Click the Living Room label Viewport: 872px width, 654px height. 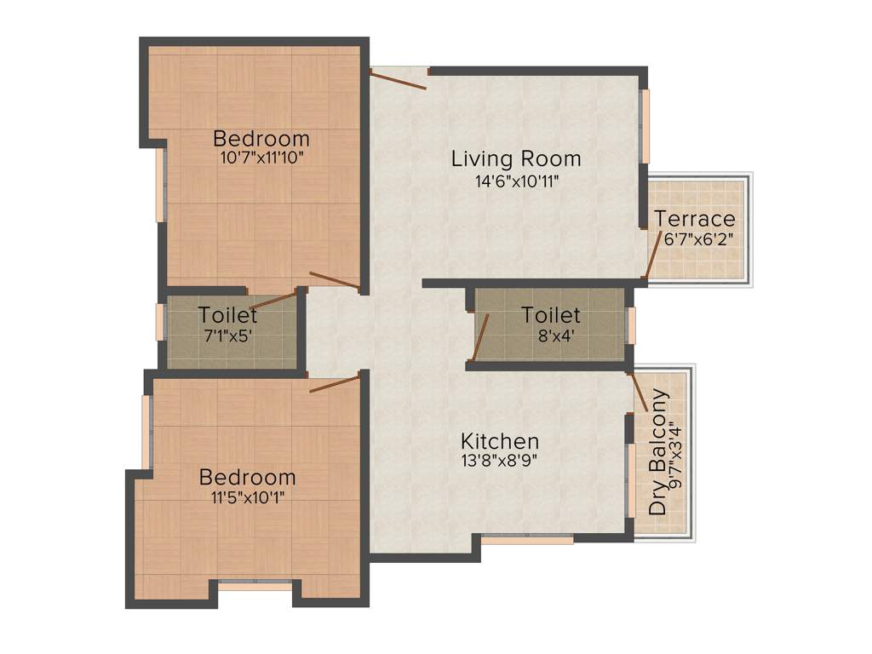click(516, 158)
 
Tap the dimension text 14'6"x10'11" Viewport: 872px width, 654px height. click(516, 181)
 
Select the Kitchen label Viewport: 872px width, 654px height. click(500, 441)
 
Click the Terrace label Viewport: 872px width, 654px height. click(695, 219)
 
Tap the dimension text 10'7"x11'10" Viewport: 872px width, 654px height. click(261, 158)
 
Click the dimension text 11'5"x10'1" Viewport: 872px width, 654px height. click(248, 497)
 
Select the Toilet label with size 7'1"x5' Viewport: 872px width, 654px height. click(227, 314)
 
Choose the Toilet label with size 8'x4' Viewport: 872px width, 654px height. click(551, 315)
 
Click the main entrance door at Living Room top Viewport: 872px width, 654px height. click(398, 79)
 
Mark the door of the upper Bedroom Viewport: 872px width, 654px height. click(334, 279)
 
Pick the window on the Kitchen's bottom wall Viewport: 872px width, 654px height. click(526, 539)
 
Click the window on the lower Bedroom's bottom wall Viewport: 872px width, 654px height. click(255, 586)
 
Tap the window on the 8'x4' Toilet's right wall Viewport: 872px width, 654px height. click(631, 325)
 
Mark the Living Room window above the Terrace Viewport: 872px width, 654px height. click(645, 125)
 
